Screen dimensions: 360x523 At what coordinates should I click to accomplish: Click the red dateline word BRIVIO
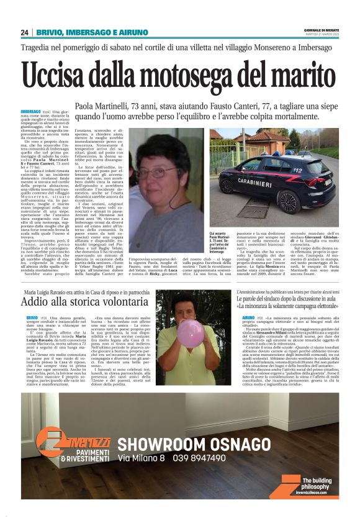tap(32, 317)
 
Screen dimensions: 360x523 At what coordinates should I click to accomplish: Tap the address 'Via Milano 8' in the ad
tap(141, 458)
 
